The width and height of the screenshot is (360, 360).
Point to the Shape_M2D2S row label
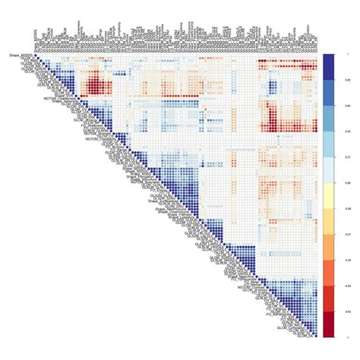[18, 55]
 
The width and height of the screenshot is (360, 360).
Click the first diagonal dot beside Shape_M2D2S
[36, 56]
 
